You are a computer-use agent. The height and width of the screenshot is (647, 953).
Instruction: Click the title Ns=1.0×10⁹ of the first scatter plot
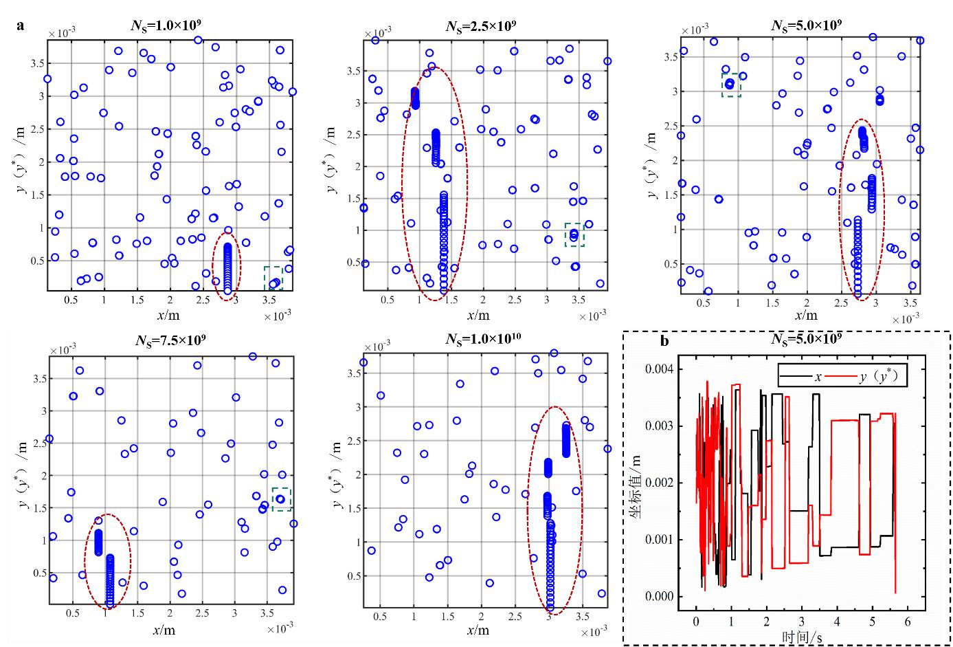pyautogui.click(x=167, y=26)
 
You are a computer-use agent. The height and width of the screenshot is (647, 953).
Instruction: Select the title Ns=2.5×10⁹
pyautogui.click(x=482, y=27)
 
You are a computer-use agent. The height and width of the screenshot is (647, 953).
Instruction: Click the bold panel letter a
pyautogui.click(x=21, y=26)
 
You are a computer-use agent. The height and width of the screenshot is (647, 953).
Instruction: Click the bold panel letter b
pyautogui.click(x=664, y=340)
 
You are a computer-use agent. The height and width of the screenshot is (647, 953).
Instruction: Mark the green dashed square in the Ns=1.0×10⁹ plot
pyautogui.click(x=273, y=278)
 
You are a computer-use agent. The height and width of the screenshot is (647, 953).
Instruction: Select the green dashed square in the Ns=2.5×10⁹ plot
pyautogui.click(x=574, y=234)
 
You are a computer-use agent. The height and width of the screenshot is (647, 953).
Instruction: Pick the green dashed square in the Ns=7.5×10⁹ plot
pyautogui.click(x=282, y=498)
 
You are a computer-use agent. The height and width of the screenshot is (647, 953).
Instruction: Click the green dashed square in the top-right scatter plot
pyautogui.click(x=731, y=85)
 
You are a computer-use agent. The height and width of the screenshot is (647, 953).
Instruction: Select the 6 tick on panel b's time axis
pyautogui.click(x=908, y=619)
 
